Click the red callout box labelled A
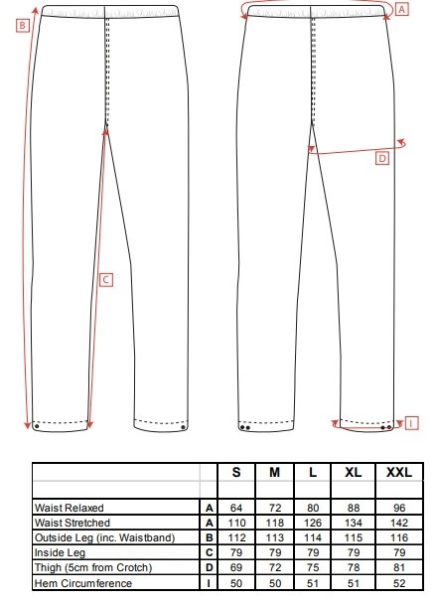click(402, 9)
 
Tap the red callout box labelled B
click(23, 26)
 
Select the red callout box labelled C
click(106, 280)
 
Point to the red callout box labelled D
click(382, 158)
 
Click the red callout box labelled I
click(411, 423)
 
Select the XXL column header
click(399, 472)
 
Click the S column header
click(236, 472)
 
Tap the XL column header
click(353, 472)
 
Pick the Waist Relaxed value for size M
click(275, 508)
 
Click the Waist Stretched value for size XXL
click(399, 523)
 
